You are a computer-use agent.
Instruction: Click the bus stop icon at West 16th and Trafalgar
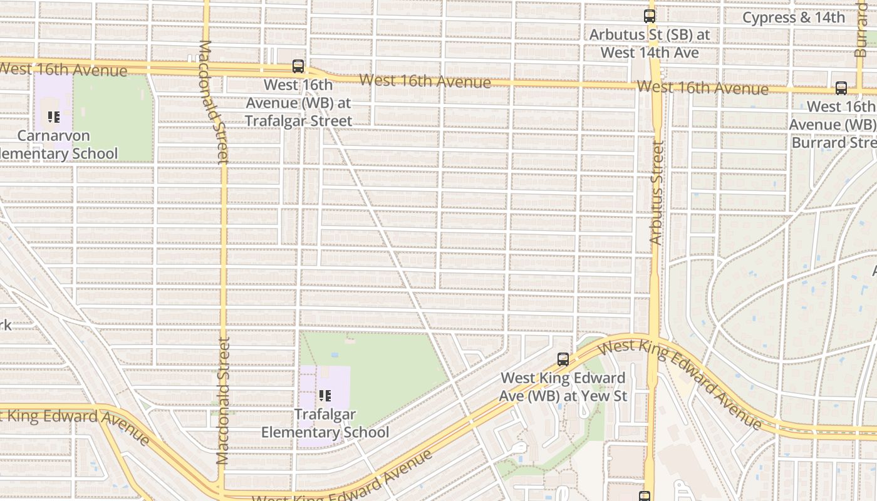pos(298,66)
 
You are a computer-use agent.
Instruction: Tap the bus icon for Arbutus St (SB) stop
pos(650,16)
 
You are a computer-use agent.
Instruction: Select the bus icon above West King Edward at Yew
pos(563,359)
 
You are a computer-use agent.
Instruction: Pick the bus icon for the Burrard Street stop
pos(841,88)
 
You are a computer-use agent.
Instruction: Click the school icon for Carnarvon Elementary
pos(54,117)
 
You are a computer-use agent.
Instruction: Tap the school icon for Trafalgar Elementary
pos(325,396)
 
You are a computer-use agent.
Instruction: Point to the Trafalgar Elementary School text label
pos(325,423)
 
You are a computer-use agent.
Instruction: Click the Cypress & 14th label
pos(793,18)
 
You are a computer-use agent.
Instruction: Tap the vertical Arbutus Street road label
pos(656,192)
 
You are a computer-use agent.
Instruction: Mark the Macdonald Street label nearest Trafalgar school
pos(223,401)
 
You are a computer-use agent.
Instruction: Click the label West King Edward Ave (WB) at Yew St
pos(563,387)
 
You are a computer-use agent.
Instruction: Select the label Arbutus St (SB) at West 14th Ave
pos(650,44)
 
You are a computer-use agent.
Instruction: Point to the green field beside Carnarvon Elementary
pos(113,119)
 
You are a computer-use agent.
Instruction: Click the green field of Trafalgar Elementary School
pos(388,369)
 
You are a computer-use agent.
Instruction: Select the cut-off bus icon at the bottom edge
pos(645,497)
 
